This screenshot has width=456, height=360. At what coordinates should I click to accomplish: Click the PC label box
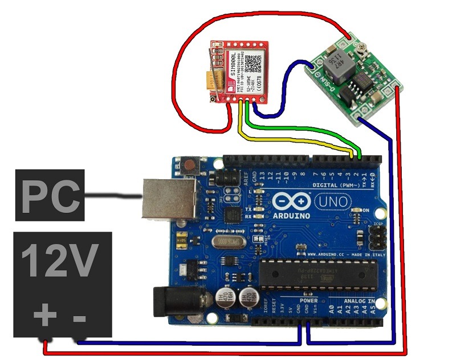[50, 195]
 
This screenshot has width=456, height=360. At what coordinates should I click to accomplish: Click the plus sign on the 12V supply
[45, 315]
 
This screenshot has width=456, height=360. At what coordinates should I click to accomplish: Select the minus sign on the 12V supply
[80, 315]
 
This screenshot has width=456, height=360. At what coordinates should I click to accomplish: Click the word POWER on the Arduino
[309, 301]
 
